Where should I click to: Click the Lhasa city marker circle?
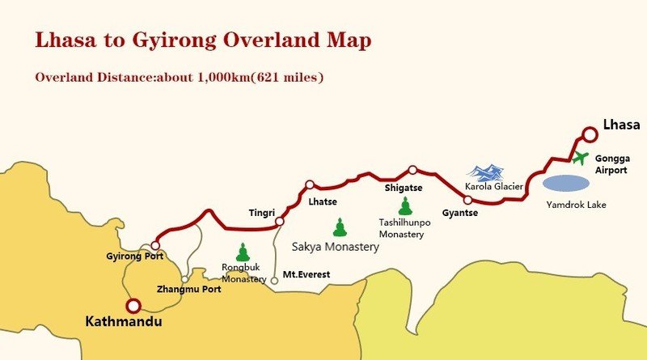(591, 133)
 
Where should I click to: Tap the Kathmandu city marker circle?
(133, 306)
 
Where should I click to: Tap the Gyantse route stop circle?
(467, 199)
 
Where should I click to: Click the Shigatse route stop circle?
(412, 170)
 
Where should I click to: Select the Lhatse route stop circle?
(309, 184)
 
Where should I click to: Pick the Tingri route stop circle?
(279, 221)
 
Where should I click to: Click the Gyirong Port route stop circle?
(155, 245)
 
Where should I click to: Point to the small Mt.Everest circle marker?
(274, 280)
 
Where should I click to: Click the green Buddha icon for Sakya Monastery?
(340, 227)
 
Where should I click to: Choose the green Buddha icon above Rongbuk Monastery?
(242, 252)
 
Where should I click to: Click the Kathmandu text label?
(124, 322)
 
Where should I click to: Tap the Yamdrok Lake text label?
(575, 205)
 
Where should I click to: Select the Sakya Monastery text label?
(335, 248)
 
